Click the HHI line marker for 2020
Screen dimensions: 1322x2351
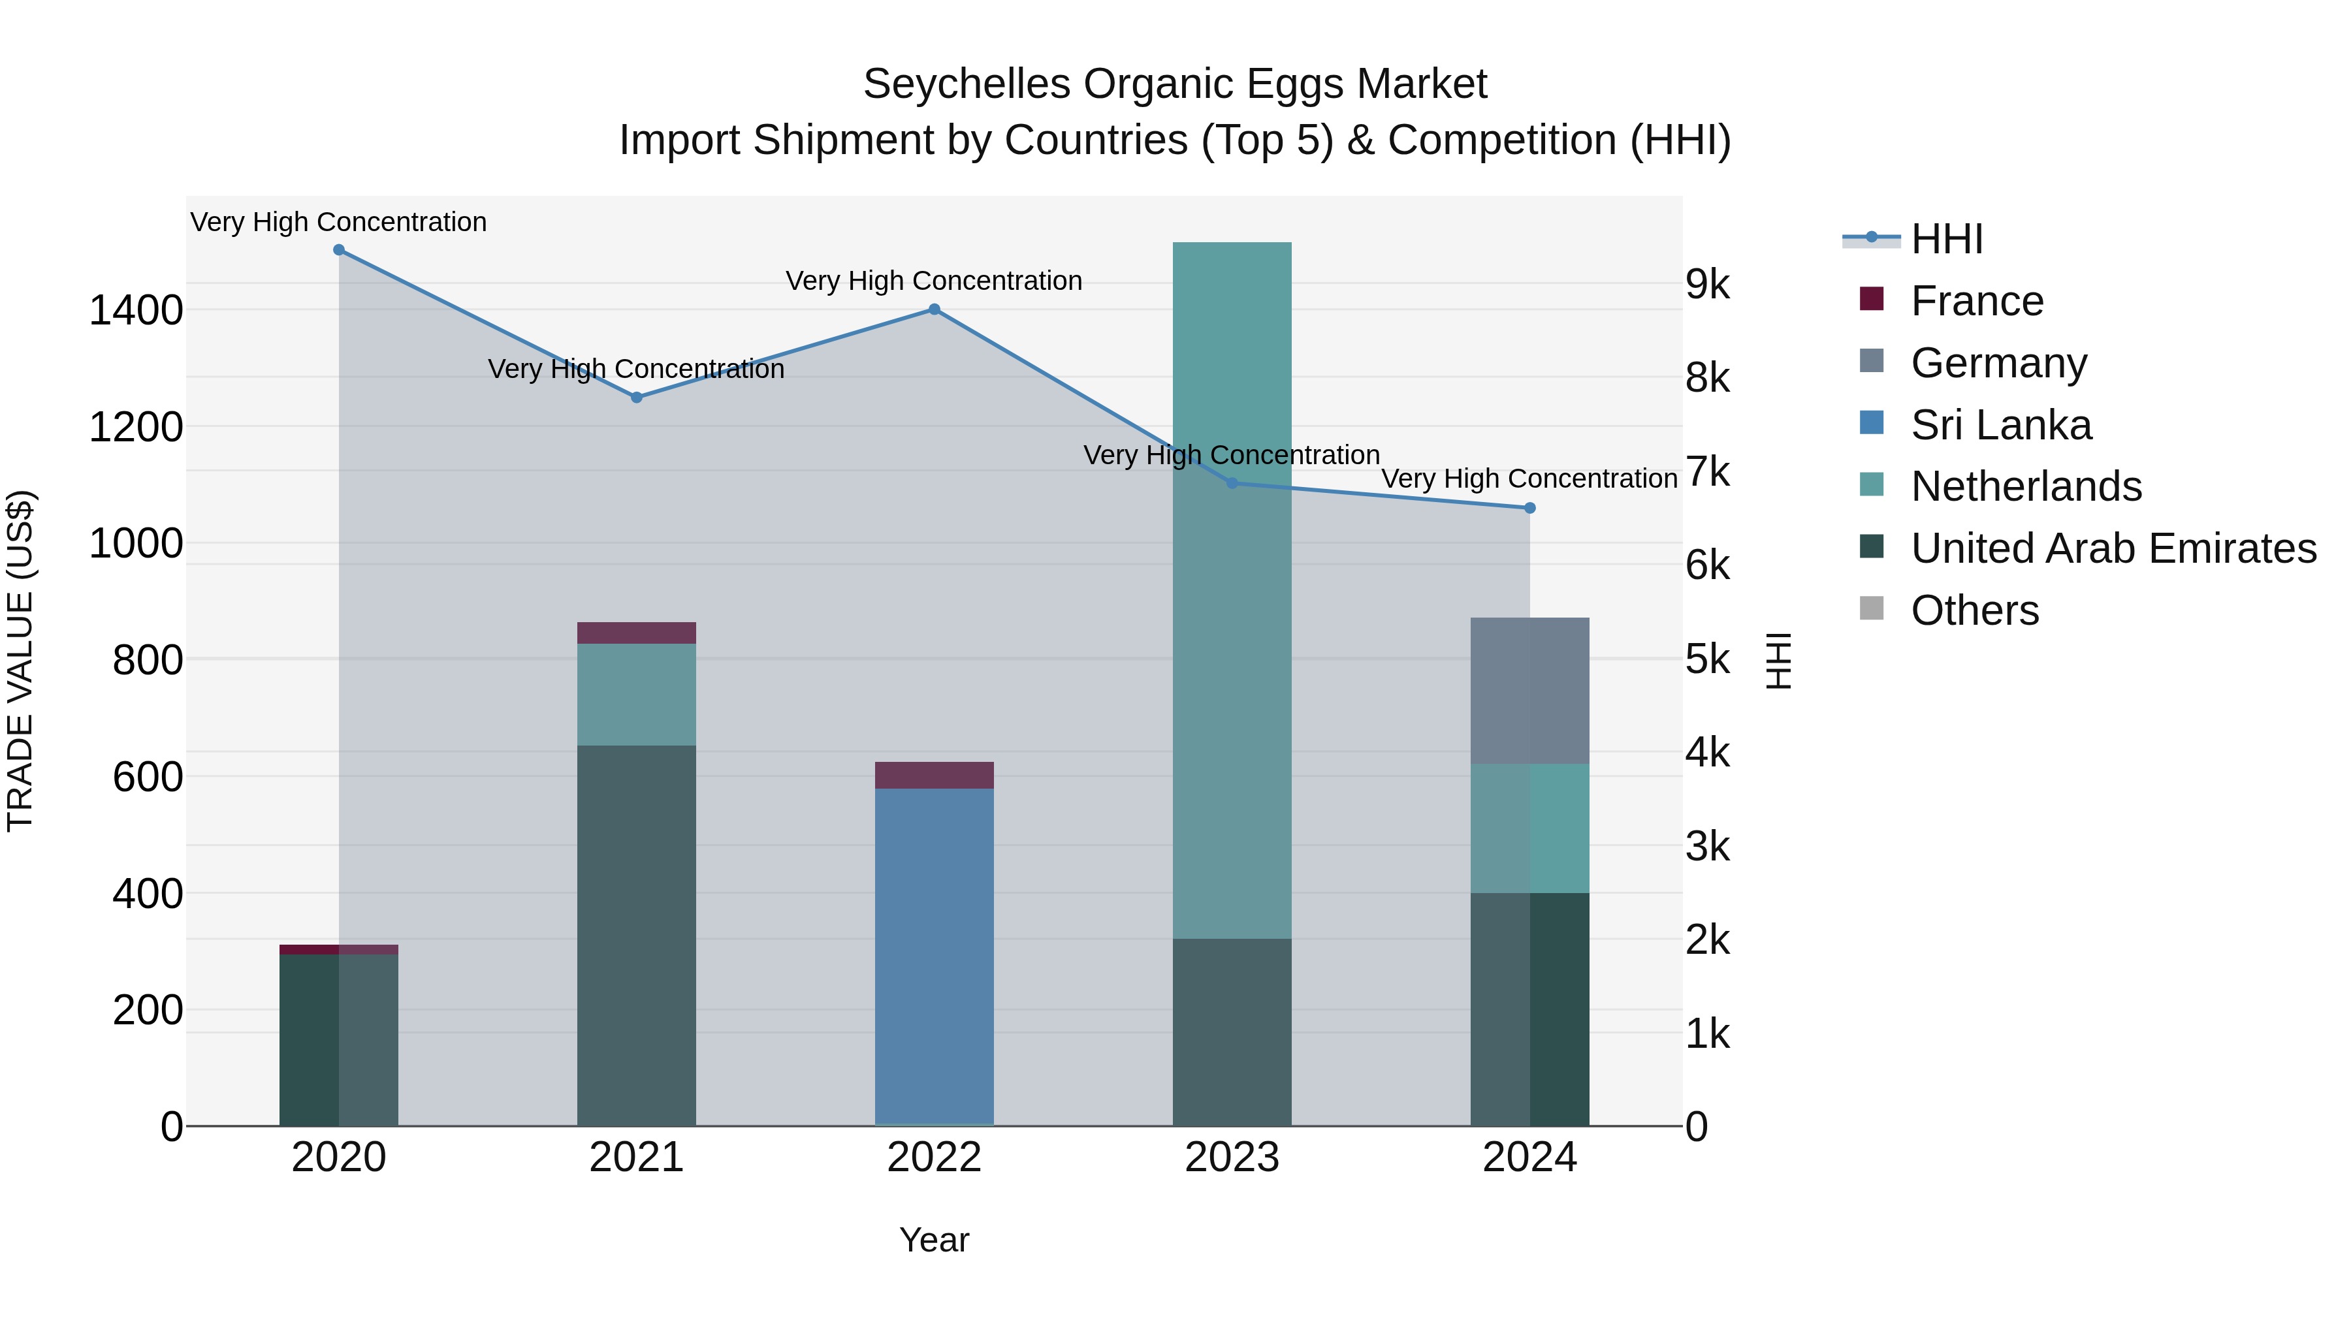[x=338, y=250]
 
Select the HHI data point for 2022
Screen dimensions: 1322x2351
[x=934, y=309]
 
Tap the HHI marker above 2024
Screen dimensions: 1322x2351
[x=1529, y=508]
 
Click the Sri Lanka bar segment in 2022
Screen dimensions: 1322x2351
[x=934, y=953]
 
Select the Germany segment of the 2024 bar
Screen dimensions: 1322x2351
[x=1529, y=691]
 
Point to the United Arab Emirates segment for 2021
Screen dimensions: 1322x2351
[x=636, y=935]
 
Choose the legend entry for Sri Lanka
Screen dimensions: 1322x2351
[x=2000, y=425]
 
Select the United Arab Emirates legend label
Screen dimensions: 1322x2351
[x=2113, y=548]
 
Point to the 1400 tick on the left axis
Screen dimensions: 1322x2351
[x=136, y=310]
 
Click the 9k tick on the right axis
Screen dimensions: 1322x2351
[x=1706, y=285]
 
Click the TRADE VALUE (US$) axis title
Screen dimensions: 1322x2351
[x=20, y=661]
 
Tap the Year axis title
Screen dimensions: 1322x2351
[x=934, y=1240]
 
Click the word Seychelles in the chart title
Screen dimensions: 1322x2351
[x=967, y=84]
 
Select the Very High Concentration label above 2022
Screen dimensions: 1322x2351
[x=934, y=281]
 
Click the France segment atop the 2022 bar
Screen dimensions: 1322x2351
[x=934, y=774]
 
